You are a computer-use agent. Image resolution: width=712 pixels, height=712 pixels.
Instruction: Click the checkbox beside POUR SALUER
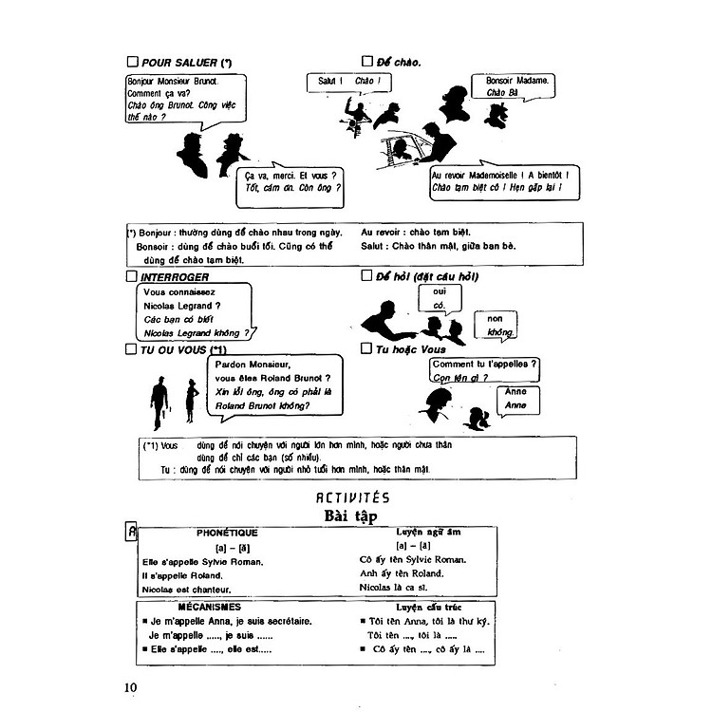(132, 63)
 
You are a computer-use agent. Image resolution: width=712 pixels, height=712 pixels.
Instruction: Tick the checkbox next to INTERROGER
(131, 276)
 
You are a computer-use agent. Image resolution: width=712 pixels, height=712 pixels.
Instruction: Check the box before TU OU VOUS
(131, 349)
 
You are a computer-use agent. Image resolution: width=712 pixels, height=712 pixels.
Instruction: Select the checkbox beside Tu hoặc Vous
(366, 349)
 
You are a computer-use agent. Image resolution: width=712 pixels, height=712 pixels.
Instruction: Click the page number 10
(131, 686)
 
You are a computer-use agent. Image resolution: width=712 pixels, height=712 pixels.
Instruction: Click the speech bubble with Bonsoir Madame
(517, 87)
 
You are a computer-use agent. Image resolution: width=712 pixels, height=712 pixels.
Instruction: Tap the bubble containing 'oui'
(440, 297)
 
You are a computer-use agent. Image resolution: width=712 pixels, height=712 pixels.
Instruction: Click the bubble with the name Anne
(515, 398)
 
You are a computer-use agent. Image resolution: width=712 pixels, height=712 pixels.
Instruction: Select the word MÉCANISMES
(209, 606)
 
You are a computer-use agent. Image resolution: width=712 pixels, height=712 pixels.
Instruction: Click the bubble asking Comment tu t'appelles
(484, 370)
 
